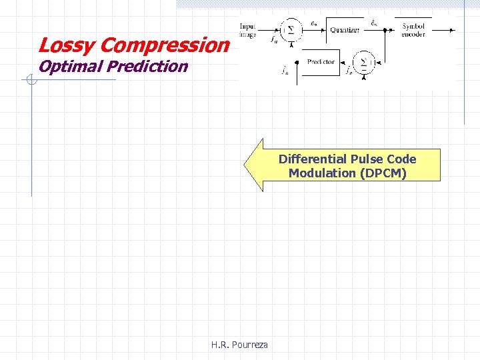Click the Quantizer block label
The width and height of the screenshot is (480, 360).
pyautogui.click(x=345, y=29)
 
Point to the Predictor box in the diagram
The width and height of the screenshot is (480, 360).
pyautogui.click(x=321, y=62)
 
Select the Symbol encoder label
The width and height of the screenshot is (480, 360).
pyautogui.click(x=413, y=30)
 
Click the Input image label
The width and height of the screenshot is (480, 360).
pyautogui.click(x=249, y=30)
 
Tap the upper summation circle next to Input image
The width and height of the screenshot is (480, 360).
pyautogui.click(x=290, y=30)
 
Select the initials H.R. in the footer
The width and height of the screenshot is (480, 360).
pyautogui.click(x=221, y=345)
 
